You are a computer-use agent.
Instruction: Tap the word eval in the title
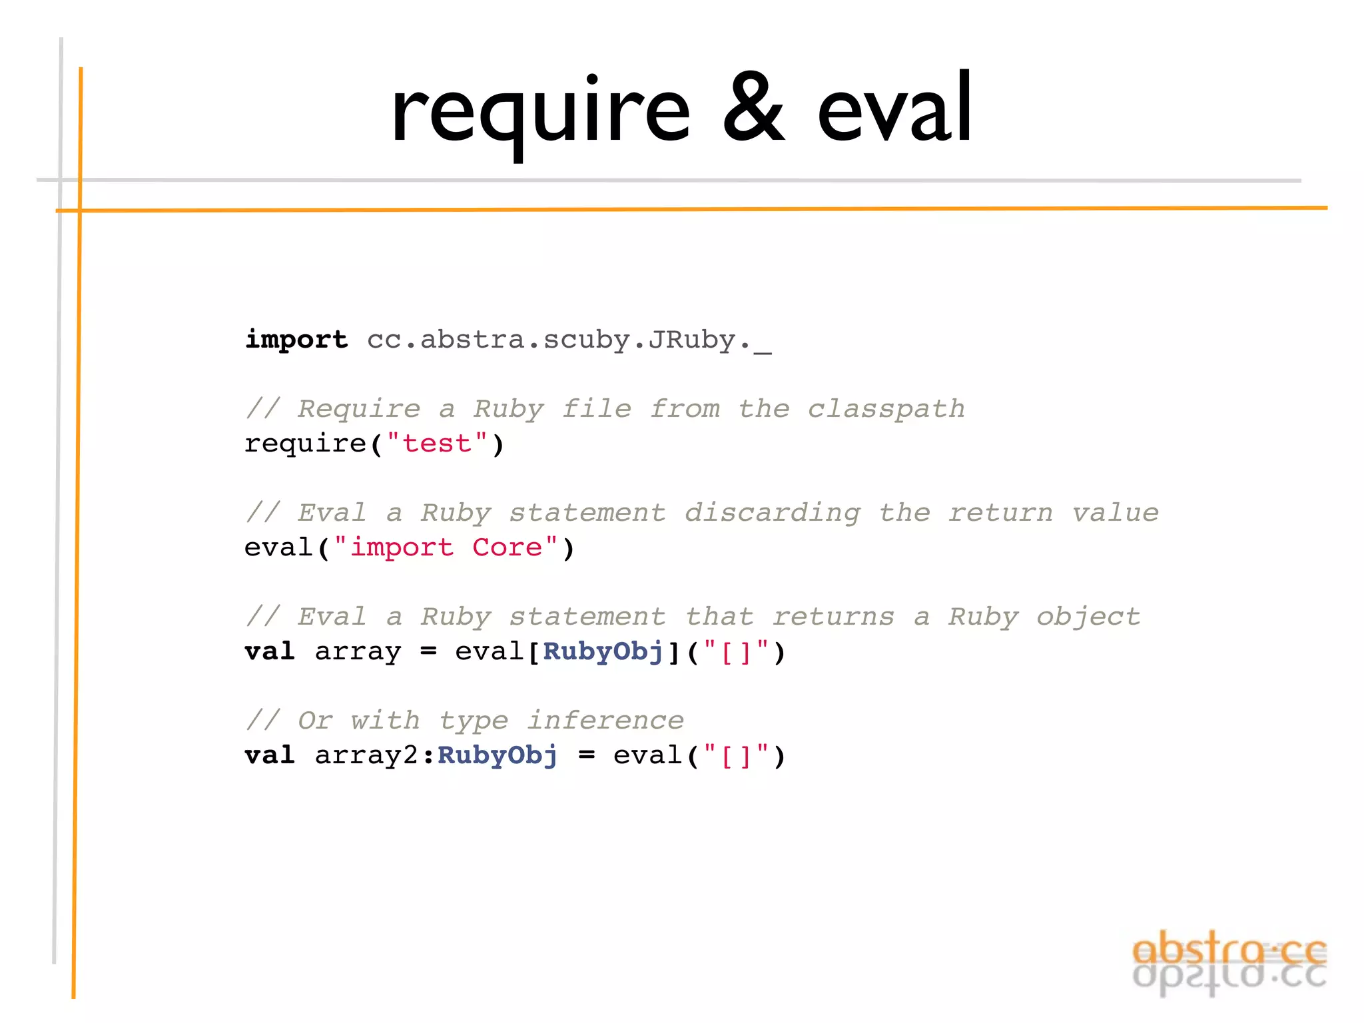pyautogui.click(x=894, y=108)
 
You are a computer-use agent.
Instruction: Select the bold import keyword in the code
pyautogui.click(x=296, y=340)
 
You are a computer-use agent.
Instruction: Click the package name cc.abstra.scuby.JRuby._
pyautogui.click(x=569, y=340)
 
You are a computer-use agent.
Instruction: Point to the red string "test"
pyautogui.click(x=437, y=444)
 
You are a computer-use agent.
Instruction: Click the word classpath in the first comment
pyautogui.click(x=886, y=409)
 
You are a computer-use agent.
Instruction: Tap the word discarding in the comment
pyautogui.click(x=773, y=513)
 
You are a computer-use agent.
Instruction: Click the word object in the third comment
pyautogui.click(x=1088, y=617)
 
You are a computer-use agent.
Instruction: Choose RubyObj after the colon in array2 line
pyautogui.click(x=498, y=755)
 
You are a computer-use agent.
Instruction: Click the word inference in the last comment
pyautogui.click(x=605, y=721)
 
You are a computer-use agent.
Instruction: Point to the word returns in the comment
pyautogui.click(x=833, y=617)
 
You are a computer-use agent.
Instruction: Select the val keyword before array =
pyautogui.click(x=270, y=651)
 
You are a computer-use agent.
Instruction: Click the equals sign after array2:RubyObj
pyautogui.click(x=586, y=755)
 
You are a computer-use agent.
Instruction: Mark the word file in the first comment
pyautogui.click(x=597, y=409)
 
